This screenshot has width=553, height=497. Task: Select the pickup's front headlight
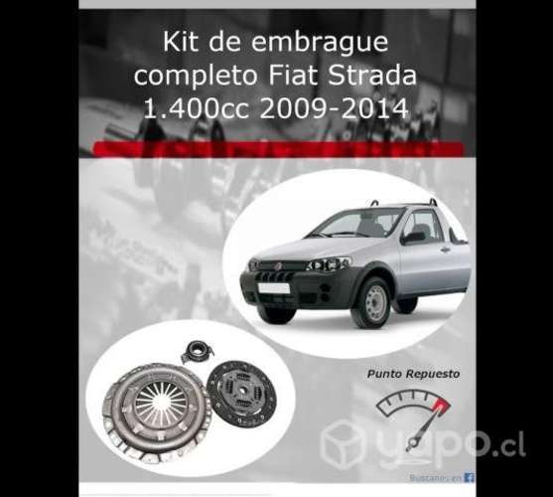point(330,264)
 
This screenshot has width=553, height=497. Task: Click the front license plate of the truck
point(273,288)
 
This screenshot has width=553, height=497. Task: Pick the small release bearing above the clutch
point(197,351)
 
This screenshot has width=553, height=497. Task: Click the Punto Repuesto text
point(399,375)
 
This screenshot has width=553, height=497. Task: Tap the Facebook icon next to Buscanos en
point(469,478)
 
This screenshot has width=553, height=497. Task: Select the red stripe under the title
point(276,149)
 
